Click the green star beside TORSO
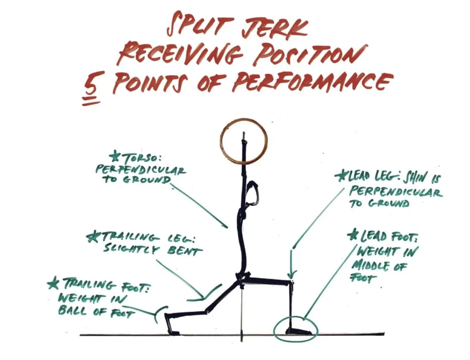[x=114, y=157]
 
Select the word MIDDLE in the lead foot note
[x=372, y=265]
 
